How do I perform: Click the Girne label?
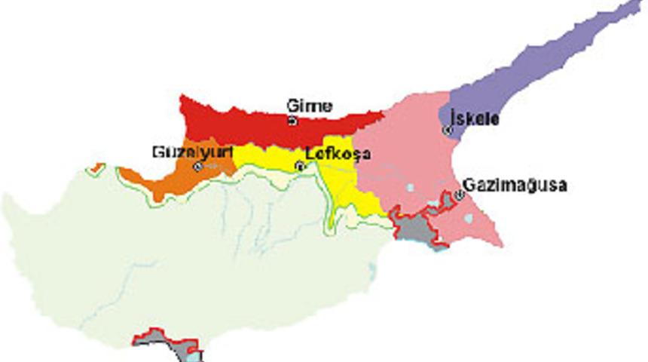coord(309,106)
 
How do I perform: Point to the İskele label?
coord(474,118)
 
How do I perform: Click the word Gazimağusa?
coord(515,185)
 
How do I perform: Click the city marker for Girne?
coord(292,121)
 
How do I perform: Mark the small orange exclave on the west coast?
coord(95,167)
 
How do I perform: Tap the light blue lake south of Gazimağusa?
coord(469,219)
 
